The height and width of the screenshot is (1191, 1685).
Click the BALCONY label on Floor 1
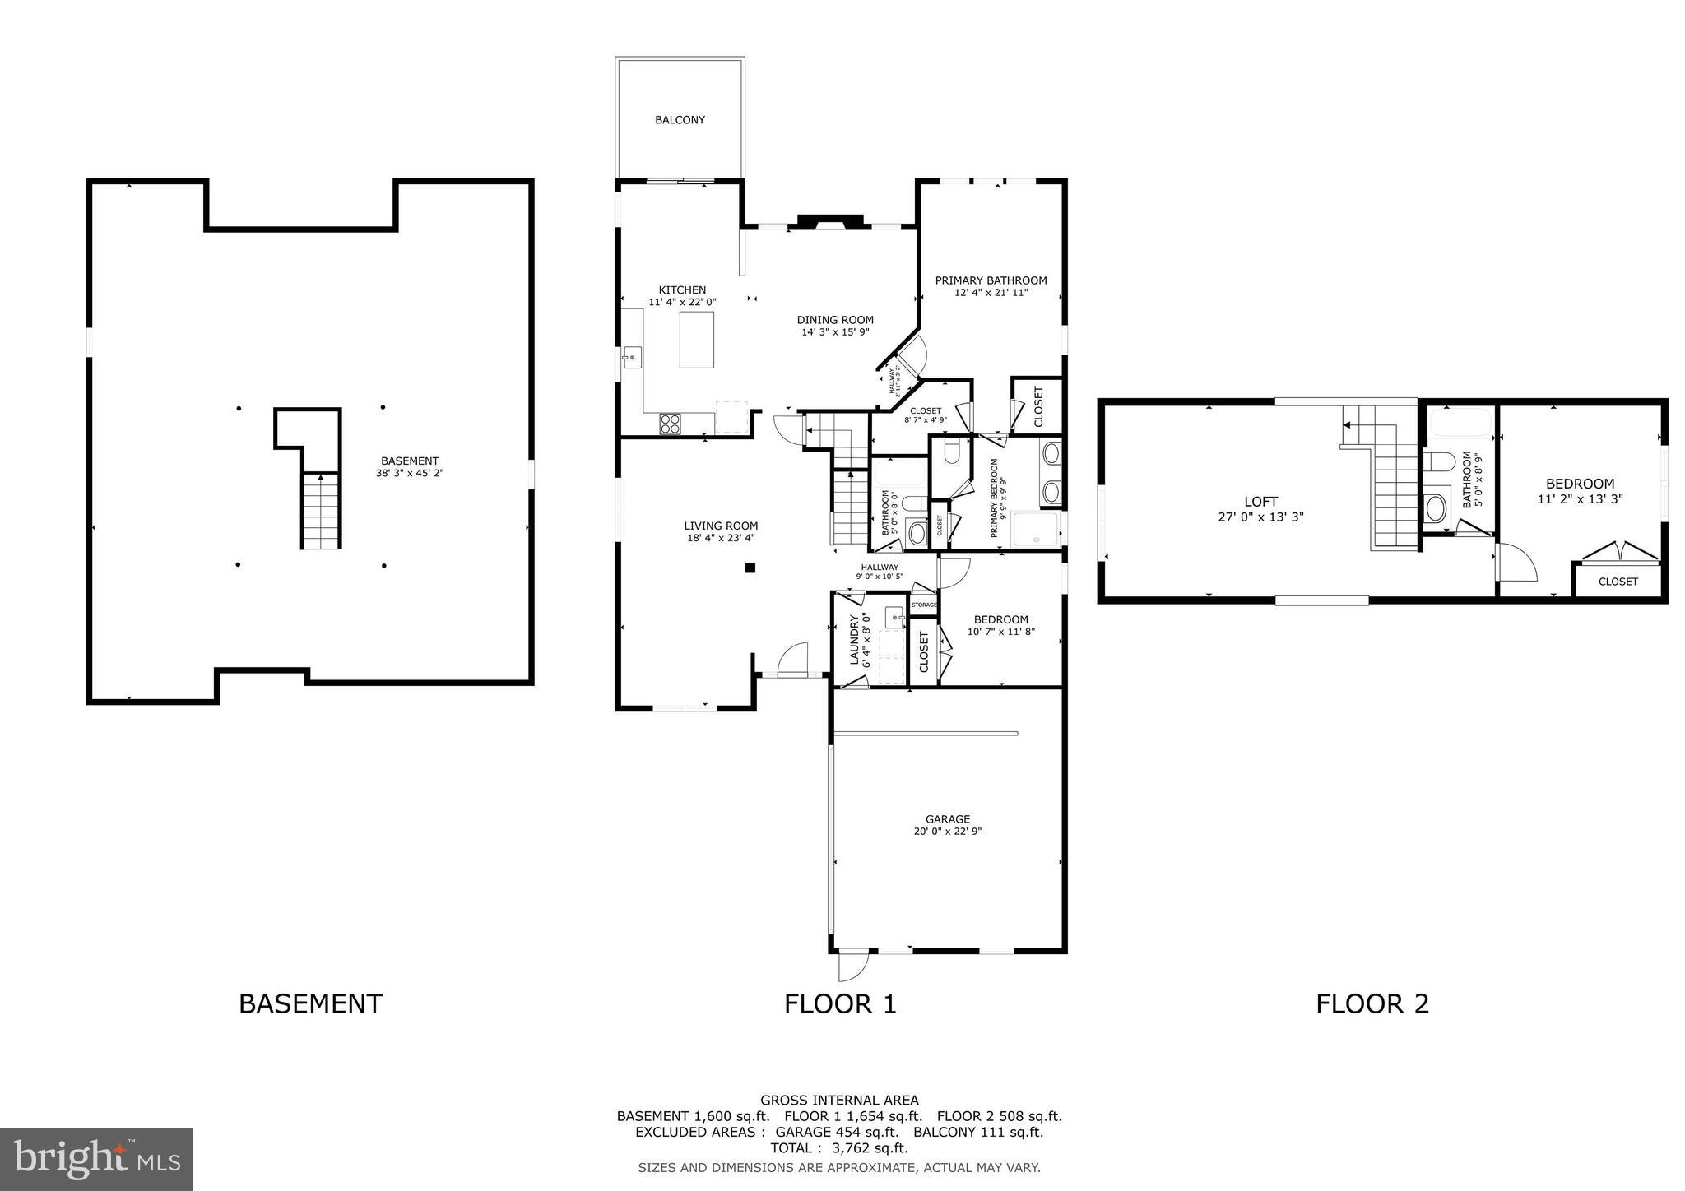pos(680,120)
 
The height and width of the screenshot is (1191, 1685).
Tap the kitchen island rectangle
pos(696,339)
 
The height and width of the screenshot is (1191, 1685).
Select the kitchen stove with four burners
pos(670,424)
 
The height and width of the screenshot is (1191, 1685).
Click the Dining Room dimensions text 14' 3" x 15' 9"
pos(835,332)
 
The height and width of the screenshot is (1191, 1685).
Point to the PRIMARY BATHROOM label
pos(991,280)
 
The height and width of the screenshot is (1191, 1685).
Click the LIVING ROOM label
pos(721,526)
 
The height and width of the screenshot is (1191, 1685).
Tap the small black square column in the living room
pos(750,567)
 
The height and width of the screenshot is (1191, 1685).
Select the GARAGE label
pos(948,819)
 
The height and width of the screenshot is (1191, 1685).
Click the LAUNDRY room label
pos(854,640)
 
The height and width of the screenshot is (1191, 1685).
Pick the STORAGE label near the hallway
pos(924,605)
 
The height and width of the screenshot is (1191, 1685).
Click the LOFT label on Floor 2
pos(1260,502)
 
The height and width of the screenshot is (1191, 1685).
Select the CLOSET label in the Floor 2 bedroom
pos(1618,582)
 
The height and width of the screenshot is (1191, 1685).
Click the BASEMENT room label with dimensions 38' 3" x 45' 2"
pos(410,461)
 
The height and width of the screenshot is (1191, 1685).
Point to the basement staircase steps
pos(321,511)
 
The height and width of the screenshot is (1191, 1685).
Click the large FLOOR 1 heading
pos(839,1004)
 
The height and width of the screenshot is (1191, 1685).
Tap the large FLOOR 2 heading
pos(1372,1004)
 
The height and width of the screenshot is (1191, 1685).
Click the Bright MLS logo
pos(96,1160)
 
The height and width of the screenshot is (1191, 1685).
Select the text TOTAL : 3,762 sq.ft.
pos(838,1148)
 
